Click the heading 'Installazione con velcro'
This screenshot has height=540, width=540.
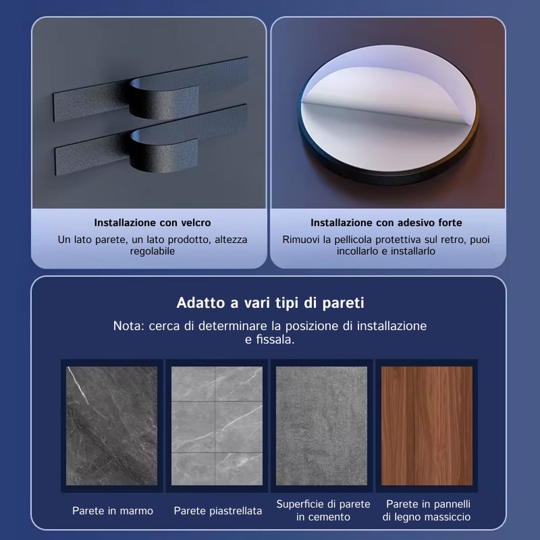[153, 223]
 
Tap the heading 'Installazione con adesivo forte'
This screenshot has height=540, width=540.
[386, 223]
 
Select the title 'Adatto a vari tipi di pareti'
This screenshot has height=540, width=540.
[271, 303]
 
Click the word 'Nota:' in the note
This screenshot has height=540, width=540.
[129, 326]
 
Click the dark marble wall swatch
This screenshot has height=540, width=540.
[111, 426]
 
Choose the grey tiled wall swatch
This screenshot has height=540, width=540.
[217, 426]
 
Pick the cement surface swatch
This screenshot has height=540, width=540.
[322, 426]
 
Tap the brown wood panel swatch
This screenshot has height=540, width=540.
[427, 426]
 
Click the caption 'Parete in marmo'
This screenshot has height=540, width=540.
[113, 511]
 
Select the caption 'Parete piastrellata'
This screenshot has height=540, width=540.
[217, 511]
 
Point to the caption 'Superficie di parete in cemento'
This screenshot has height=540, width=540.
[323, 510]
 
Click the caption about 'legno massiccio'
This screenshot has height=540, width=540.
[427, 510]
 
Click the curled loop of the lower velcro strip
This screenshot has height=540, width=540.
[163, 151]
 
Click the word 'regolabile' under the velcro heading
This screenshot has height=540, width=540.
[153, 251]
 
